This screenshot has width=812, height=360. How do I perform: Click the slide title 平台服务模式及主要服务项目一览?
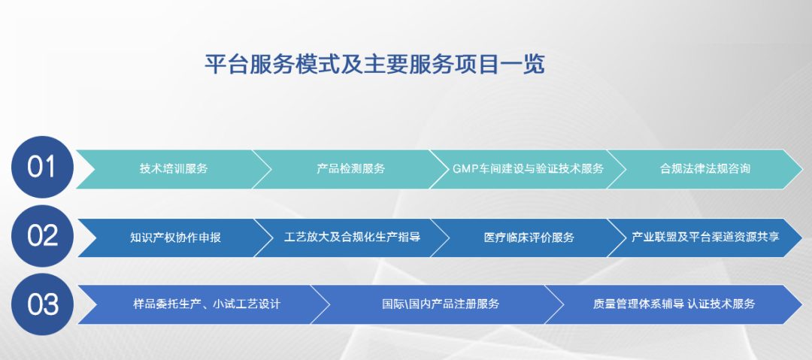pos(375,64)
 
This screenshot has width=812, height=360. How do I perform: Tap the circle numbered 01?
pos(42,168)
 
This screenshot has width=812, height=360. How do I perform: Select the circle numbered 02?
pos(42,236)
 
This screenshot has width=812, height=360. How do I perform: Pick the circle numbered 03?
pos(42,304)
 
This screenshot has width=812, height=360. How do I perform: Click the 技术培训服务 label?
pos(174,169)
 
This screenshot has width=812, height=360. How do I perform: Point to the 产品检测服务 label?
pos(351,169)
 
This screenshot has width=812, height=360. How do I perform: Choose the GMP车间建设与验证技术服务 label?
pos(529,169)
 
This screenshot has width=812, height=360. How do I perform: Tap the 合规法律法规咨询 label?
pos(705,169)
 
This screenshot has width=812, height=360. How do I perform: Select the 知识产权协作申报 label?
pos(175,237)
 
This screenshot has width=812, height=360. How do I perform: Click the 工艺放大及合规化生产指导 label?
pos(352,237)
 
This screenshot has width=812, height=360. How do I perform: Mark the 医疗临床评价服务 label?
pos(529,237)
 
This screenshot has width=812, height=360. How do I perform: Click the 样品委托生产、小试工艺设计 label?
pos(207,304)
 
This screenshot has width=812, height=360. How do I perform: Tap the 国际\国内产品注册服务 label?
pos(440,304)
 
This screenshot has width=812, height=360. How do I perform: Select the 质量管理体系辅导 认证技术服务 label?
pos(674,304)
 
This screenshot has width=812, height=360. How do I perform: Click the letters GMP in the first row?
pos(465,169)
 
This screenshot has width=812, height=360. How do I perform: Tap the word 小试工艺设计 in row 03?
pos(247,304)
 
